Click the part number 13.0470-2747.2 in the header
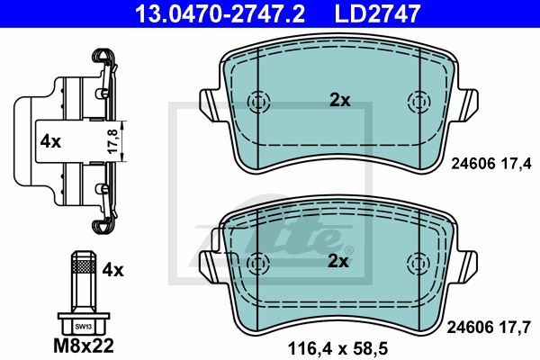220,13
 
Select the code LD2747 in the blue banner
377,13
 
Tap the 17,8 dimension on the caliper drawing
112,141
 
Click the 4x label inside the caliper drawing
50,141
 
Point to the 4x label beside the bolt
112,270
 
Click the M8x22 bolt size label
84,346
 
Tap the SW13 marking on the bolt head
84,327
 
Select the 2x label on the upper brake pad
340,100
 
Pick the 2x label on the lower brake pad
337,261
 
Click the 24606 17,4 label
491,164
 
